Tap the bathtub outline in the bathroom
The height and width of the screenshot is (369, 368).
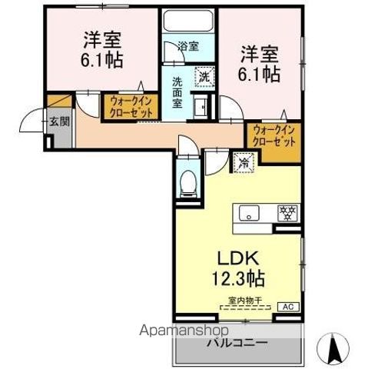[x=189, y=22]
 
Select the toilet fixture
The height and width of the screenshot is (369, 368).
[x=186, y=183]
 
